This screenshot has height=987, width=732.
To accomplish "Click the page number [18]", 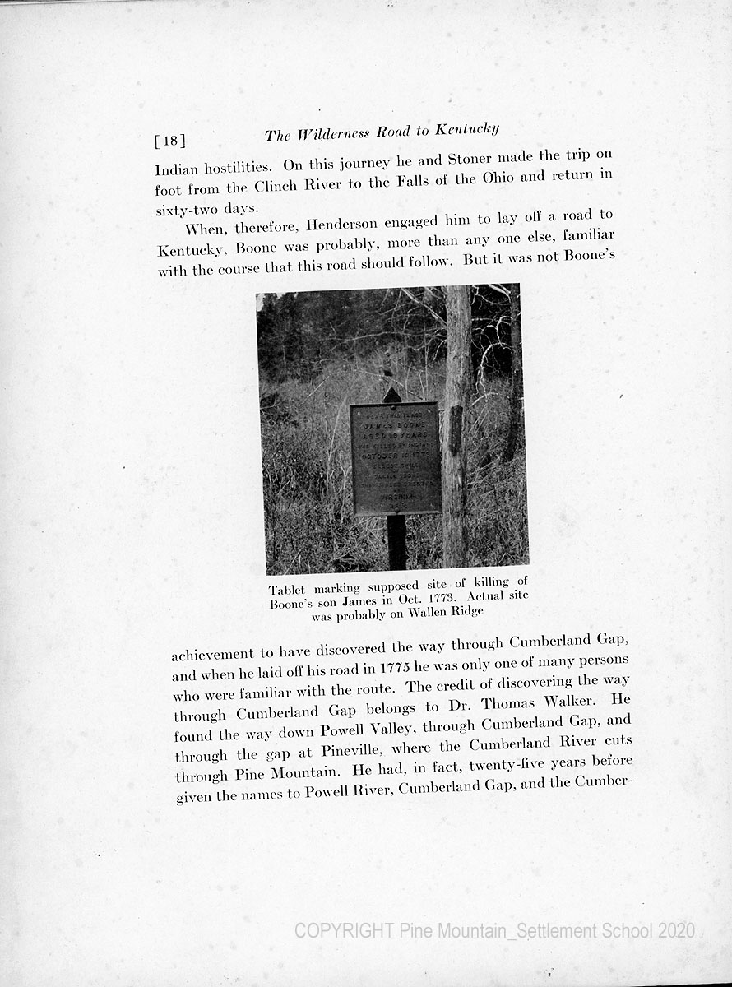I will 170,141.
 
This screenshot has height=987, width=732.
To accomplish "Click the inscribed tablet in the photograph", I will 395,457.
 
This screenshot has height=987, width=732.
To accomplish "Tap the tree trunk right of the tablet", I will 456,428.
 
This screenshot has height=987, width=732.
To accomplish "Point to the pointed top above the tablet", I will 393,394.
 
